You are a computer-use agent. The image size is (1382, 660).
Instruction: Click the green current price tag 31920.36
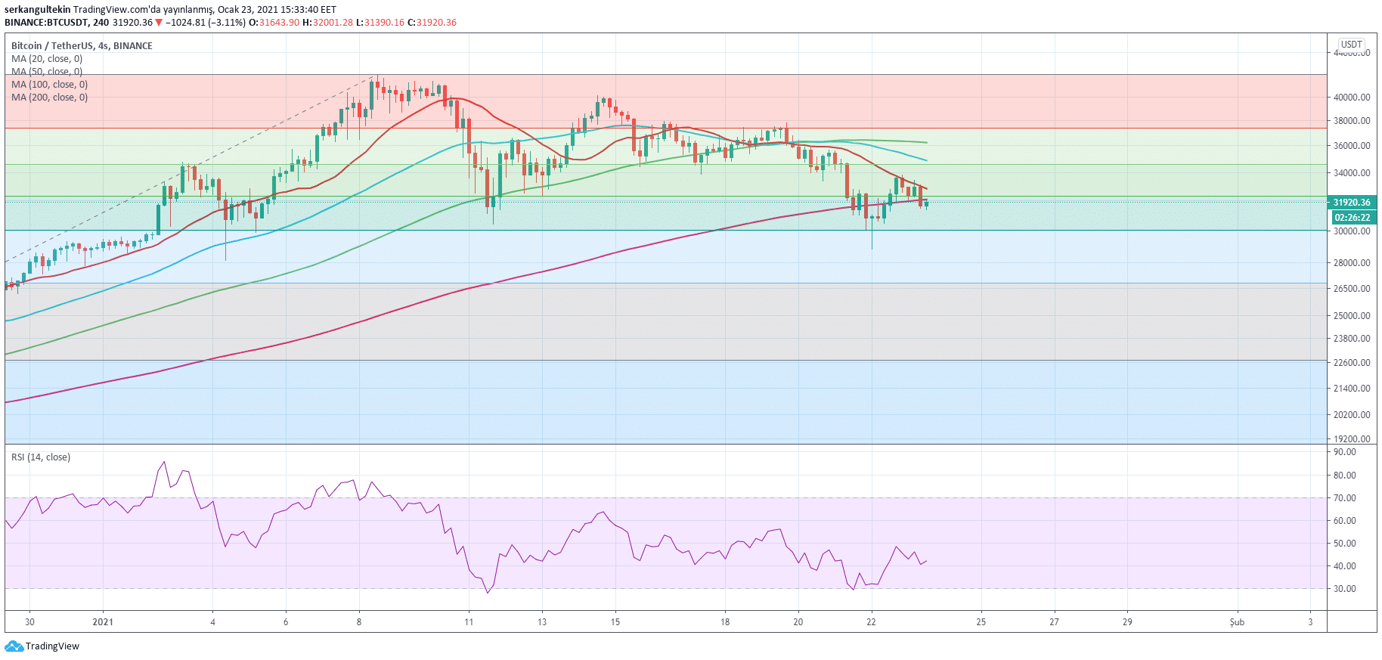point(1351,203)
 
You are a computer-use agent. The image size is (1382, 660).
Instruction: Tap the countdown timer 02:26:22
point(1351,218)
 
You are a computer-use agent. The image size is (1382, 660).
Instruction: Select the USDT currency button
point(1351,45)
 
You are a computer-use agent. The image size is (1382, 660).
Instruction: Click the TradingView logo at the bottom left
point(42,646)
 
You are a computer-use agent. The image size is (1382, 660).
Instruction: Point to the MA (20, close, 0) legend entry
point(47,59)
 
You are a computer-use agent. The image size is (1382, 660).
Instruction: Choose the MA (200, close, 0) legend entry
point(49,98)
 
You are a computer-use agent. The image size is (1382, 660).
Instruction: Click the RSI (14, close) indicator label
point(41,457)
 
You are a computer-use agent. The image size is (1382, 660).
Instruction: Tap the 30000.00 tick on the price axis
point(1352,231)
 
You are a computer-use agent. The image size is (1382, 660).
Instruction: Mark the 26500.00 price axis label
point(1352,289)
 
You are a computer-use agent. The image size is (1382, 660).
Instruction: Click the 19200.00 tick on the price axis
point(1352,439)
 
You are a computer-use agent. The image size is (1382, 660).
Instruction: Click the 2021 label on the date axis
point(103,622)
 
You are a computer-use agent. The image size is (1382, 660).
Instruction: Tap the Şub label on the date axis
point(1237,622)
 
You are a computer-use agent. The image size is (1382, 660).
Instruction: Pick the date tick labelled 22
point(871,622)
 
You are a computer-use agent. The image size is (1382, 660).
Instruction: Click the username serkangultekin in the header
point(38,10)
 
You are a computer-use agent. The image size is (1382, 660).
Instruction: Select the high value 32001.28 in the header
point(333,23)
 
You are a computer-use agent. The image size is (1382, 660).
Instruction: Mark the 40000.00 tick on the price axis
point(1352,98)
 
